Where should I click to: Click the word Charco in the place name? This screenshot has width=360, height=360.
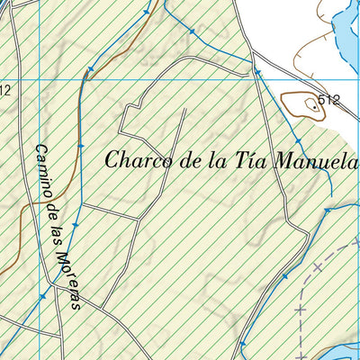[133, 162]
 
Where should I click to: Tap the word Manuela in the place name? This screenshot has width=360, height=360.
[322, 162]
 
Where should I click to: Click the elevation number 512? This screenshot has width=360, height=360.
[329, 100]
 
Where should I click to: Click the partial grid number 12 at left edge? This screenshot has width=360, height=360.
[4, 89]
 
